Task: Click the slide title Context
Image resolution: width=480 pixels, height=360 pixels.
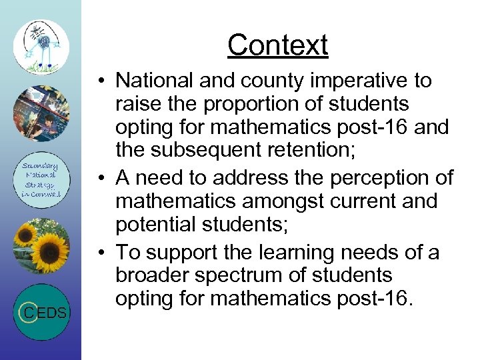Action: [x=277, y=45]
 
